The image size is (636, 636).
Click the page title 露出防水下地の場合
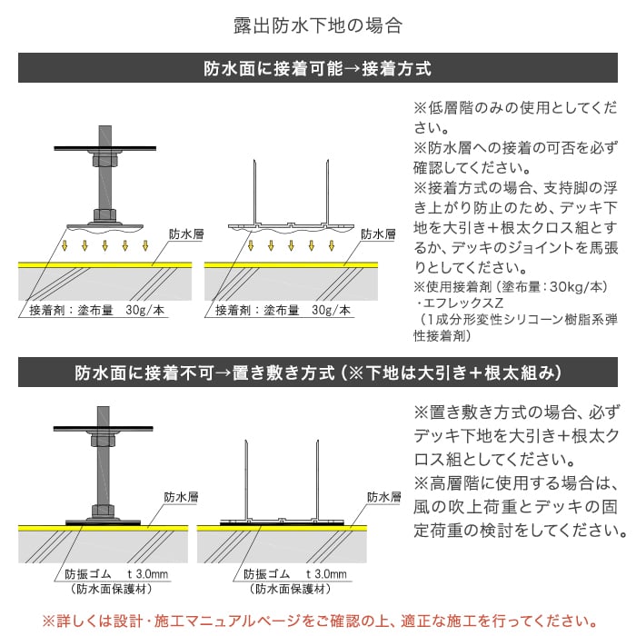[318, 25]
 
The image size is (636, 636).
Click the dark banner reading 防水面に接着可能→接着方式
[318, 68]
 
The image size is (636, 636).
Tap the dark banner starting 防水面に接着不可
[318, 373]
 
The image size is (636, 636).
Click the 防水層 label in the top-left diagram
[186, 234]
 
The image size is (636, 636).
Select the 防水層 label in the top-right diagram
[378, 234]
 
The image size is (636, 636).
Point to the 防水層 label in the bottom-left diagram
[181, 497]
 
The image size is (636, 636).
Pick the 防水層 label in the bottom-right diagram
[383, 497]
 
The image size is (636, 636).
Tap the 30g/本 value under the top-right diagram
[331, 311]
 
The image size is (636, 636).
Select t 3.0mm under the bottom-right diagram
[326, 574]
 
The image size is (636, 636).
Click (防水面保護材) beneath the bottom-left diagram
[112, 589]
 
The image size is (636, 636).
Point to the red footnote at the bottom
[321, 621]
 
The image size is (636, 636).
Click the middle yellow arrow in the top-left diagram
[105, 245]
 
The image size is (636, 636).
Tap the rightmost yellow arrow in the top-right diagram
[332, 245]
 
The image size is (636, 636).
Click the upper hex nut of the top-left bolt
[105, 158]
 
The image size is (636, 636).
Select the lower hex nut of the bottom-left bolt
[104, 511]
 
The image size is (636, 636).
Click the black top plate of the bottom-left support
[104, 428]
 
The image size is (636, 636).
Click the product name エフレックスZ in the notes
[463, 303]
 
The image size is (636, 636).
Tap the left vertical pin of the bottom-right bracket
[246, 481]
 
